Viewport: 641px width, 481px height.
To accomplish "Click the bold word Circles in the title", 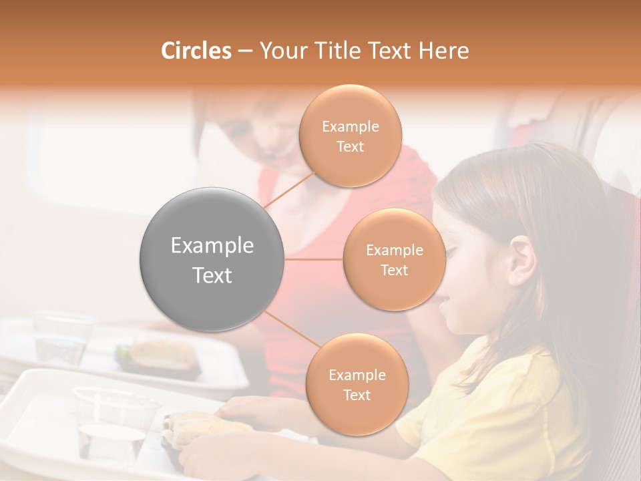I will point(196,51).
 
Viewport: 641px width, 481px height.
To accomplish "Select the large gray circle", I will point(212,259).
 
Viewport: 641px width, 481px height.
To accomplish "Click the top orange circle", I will point(350,136).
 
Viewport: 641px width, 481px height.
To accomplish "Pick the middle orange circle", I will point(394,260).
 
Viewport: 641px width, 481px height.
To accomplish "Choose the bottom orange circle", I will point(357,385).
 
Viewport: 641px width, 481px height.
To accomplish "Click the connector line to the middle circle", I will point(314,259).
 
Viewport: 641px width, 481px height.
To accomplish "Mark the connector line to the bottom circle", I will point(291,330).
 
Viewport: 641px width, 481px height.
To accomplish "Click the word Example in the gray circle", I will point(212,246).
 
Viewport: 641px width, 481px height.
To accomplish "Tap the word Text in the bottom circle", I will point(357,395).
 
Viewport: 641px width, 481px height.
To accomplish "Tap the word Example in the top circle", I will point(350,127).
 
